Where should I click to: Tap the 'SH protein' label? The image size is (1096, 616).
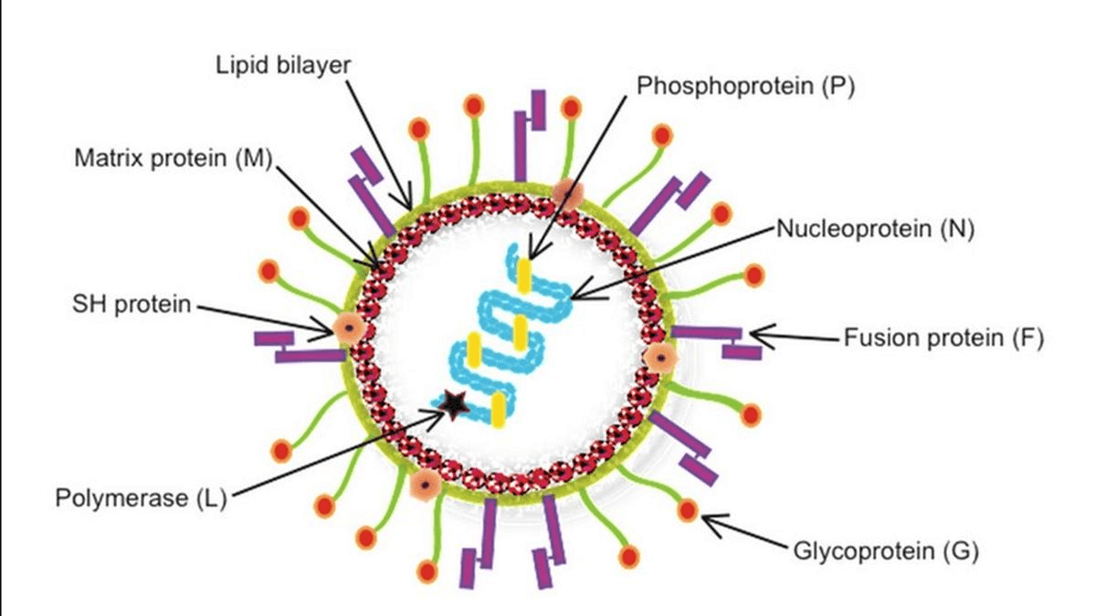132,304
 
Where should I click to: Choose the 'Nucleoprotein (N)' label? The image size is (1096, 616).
876,228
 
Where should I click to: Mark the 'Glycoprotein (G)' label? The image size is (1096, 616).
886,551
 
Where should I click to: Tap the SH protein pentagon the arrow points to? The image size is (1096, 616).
348,329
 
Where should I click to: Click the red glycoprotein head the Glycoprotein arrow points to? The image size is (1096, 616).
688,510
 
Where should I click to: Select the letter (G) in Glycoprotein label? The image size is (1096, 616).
960,551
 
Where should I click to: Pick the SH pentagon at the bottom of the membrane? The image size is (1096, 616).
424,485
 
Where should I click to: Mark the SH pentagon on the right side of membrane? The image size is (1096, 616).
656,358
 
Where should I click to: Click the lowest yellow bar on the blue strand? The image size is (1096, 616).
498,411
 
